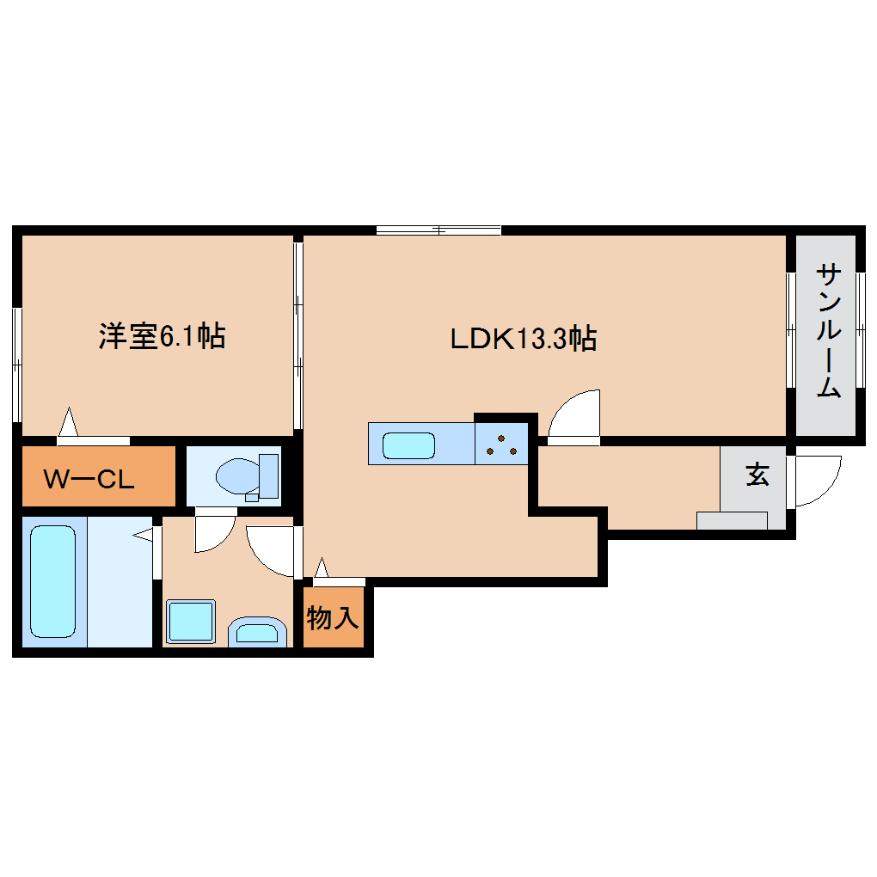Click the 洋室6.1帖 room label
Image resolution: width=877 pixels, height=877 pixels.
162,335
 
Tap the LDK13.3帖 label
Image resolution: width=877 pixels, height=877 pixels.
524,339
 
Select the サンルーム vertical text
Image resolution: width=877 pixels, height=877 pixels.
827,331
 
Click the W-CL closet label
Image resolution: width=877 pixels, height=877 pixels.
89,479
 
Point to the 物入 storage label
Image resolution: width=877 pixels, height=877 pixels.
333,616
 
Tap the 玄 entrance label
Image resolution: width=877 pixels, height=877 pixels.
757,475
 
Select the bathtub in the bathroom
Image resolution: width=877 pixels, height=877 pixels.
52,580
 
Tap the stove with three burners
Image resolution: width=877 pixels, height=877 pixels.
500,443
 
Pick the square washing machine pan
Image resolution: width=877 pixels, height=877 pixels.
190,621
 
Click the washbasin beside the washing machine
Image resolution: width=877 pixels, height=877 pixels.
256,633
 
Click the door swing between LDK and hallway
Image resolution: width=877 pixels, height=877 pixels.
575,415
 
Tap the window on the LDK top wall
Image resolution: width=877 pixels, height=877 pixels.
438,230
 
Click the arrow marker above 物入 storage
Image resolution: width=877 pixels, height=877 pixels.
322,567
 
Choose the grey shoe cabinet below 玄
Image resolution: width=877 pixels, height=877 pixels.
732,520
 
